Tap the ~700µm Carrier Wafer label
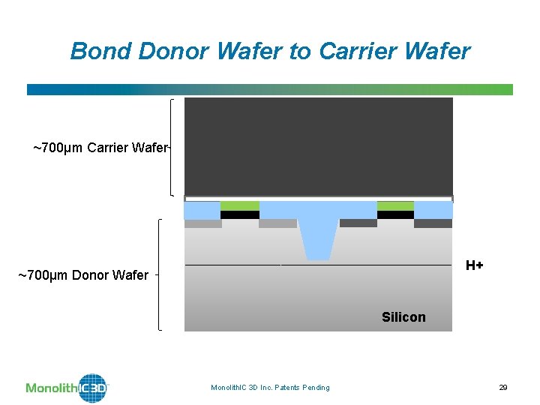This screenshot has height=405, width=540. coord(101,147)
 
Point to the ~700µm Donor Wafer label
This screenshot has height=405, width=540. coord(83,275)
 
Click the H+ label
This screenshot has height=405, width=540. coord(474,265)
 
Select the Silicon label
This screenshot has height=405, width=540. coord(403,317)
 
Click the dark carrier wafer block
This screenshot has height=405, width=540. coord(318,146)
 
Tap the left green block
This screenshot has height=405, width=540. coord(240,205)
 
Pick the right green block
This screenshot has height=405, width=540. coord(395,205)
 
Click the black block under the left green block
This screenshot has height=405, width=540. coord(240,214)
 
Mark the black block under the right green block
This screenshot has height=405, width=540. coord(395,214)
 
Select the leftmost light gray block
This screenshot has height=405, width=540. coord(202,223)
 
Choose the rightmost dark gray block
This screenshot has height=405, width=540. coord(433,223)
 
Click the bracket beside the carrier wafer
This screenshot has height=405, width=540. coord(173,147)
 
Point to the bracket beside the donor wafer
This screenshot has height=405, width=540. coord(160,274)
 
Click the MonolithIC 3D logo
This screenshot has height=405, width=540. coord(67,388)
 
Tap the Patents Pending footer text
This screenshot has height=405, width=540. coord(270,387)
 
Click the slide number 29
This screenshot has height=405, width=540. coord(503,387)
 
